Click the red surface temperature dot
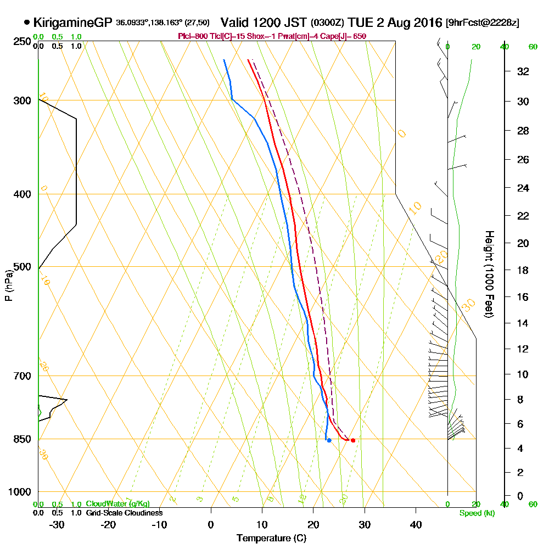click(353, 440)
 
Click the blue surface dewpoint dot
click(329, 440)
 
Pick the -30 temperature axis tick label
click(57, 524)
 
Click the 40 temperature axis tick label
click(416, 524)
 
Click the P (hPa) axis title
click(8, 285)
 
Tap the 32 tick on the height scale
click(523, 71)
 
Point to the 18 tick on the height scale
click(523, 270)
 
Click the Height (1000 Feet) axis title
click(489, 274)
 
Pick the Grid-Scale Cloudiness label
click(124, 513)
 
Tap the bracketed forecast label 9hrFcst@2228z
click(483, 23)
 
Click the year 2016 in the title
click(426, 23)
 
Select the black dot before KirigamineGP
click(27, 23)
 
